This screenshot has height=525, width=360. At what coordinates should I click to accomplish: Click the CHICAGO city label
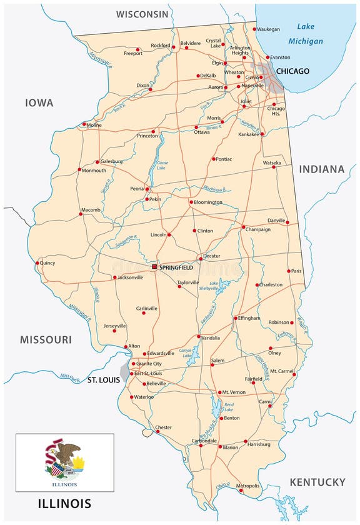292,71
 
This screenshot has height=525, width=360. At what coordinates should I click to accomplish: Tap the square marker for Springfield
154,267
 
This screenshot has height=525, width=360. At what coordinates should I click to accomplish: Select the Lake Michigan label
306,34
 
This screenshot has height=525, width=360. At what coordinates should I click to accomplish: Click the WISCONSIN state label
142,14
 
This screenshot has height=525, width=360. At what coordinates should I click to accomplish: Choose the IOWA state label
39,102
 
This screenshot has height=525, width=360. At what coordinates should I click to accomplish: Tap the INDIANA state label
321,169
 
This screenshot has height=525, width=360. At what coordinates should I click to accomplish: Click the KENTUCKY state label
317,482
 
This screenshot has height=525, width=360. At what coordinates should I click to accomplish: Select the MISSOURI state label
46,339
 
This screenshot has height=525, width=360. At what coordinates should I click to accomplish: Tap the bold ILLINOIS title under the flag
64,503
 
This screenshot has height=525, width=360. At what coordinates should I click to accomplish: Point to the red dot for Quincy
38,263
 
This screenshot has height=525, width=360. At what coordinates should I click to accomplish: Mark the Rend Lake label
229,408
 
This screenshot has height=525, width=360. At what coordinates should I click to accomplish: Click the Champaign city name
258,229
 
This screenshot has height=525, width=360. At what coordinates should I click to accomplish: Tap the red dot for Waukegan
254,29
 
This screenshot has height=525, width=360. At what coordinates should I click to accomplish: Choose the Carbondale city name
203,440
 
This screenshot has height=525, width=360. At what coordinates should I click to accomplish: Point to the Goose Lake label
162,166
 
